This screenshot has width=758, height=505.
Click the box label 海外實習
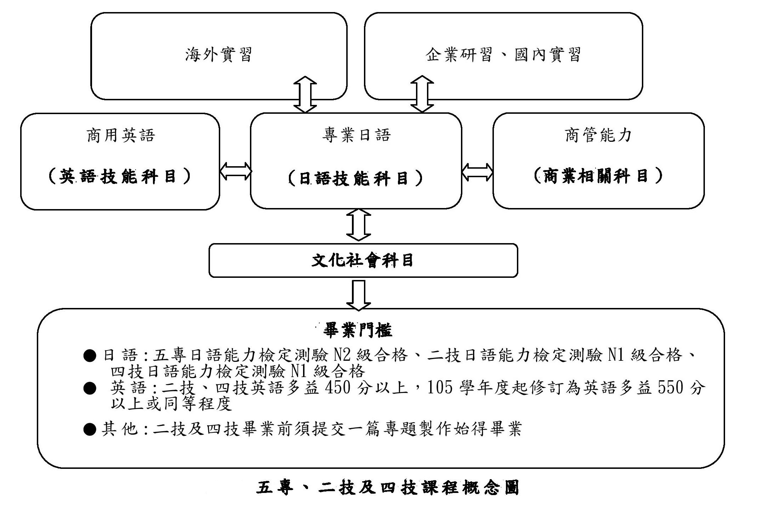pyautogui.click(x=218, y=55)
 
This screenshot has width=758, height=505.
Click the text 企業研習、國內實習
pyautogui.click(x=503, y=55)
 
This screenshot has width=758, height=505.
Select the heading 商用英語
pyautogui.click(x=121, y=135)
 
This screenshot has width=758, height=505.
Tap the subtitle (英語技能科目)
pyautogui.click(x=120, y=176)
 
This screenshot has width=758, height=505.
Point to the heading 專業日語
pyautogui.click(x=356, y=135)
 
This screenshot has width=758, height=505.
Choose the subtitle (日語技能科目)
pyautogui.click(x=356, y=178)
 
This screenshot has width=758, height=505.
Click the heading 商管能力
pyautogui.click(x=598, y=135)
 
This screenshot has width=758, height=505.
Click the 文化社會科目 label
pyautogui.click(x=363, y=260)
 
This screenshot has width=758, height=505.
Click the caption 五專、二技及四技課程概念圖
pyautogui.click(x=388, y=488)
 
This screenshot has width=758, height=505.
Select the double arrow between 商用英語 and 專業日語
pyautogui.click(x=235, y=172)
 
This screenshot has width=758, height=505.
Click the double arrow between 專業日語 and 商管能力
pyautogui.click(x=477, y=172)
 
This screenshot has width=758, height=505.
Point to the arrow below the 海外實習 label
pyautogui.click(x=305, y=94)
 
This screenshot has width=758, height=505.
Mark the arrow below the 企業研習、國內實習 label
pyautogui.click(x=422, y=94)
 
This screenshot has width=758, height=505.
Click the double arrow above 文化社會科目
pyautogui.click(x=359, y=225)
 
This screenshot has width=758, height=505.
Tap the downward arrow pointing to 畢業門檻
pyautogui.click(x=359, y=296)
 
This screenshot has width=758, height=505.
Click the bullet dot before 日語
pyautogui.click(x=90, y=355)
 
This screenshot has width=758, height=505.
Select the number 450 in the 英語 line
pyautogui.click(x=338, y=388)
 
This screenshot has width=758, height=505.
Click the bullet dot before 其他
pyautogui.click(x=90, y=430)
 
